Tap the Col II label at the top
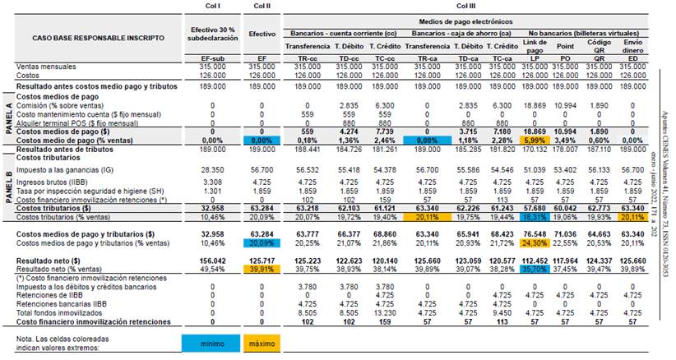(x=261, y=6)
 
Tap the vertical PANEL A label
(x=9, y=119)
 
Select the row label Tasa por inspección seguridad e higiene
(x=79, y=188)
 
